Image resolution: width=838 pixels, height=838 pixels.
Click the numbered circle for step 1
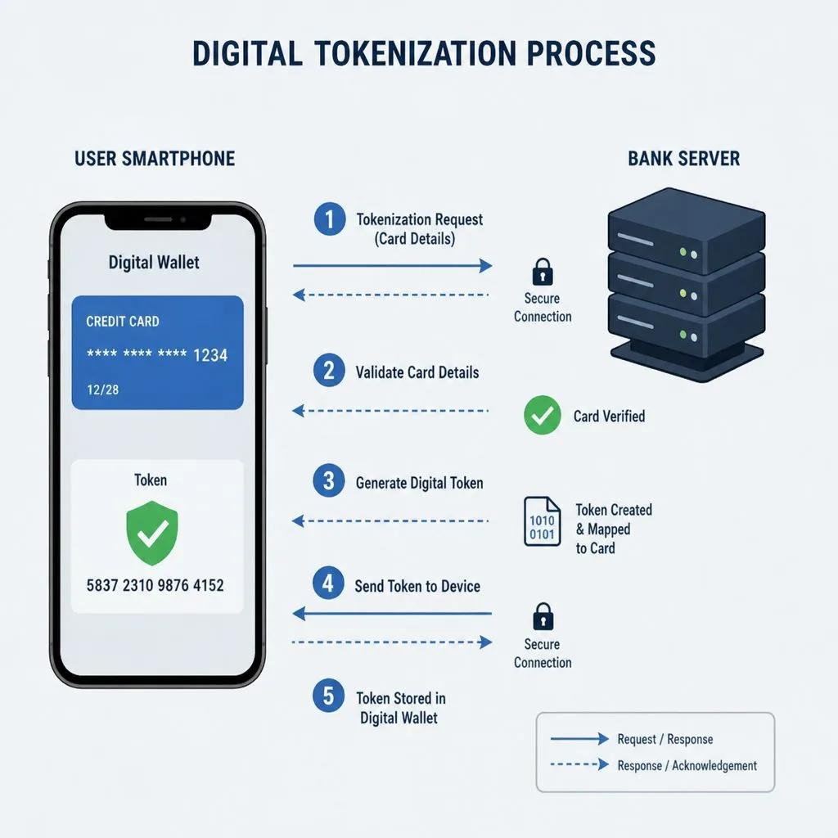329,219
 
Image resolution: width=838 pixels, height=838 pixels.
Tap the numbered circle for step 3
329,480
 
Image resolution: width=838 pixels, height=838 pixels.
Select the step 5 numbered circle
329,696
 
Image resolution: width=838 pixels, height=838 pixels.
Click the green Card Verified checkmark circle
542,415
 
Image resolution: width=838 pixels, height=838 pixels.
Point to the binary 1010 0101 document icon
542,521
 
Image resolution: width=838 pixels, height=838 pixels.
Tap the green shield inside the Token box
151,533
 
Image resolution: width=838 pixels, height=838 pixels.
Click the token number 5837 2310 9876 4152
155,585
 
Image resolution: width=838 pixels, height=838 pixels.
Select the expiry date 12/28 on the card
102,390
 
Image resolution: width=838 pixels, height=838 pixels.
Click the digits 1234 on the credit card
210,355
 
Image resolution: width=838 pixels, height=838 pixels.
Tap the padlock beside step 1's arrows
543,272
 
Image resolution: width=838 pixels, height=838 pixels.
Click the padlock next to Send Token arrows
543,617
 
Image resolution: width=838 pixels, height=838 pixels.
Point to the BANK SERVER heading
683,159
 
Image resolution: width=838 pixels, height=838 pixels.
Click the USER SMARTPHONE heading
155,159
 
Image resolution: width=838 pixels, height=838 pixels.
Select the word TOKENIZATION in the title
415,53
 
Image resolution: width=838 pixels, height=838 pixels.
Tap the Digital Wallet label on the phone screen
154,263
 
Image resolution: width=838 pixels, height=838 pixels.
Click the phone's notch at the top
158,221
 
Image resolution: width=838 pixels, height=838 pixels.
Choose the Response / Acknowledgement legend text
687,766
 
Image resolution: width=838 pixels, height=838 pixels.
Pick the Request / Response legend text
665,739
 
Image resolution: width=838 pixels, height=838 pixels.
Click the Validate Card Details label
417,372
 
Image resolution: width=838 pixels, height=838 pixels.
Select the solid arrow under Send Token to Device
392,614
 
